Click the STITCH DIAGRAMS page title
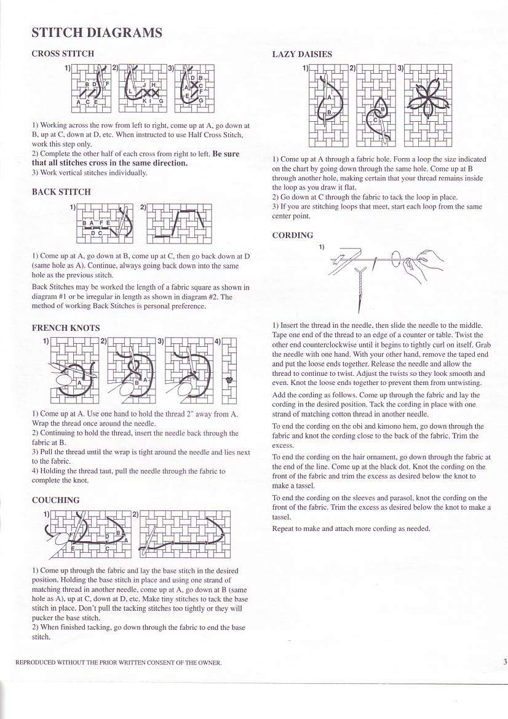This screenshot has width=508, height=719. tap(97, 33)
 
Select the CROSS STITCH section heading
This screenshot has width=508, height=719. tap(63, 54)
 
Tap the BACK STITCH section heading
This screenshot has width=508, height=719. tap(61, 192)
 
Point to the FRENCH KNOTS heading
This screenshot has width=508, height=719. tap(66, 328)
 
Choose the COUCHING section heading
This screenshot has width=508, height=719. tap(55, 500)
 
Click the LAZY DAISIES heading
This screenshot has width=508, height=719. tap(302, 54)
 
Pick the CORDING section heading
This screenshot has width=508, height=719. tap(293, 235)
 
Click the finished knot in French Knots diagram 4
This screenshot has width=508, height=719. tap(229, 380)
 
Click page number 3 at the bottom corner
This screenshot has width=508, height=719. tap(504, 662)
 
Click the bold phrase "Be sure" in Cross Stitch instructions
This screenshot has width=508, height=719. tap(226, 154)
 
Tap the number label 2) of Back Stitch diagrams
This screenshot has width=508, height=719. tap(143, 207)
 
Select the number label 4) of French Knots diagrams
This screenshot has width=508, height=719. tap(217, 341)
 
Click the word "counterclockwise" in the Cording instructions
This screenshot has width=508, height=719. tap(316, 345)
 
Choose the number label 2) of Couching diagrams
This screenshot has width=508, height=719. tap(135, 514)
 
